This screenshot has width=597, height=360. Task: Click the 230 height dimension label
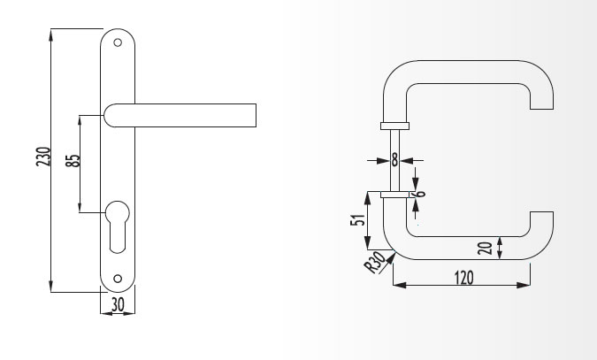[x=43, y=157]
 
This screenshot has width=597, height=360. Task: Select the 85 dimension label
[x=73, y=160]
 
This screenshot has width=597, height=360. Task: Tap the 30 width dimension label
[x=118, y=305]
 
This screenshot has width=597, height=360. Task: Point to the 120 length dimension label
[x=464, y=278]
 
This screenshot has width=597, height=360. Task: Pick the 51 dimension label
[x=357, y=220]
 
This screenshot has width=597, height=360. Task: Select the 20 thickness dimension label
[x=485, y=248]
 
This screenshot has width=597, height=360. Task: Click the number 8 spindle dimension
[x=394, y=160]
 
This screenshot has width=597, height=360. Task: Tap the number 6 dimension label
[x=420, y=193]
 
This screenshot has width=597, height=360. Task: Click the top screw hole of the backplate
[x=118, y=42]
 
